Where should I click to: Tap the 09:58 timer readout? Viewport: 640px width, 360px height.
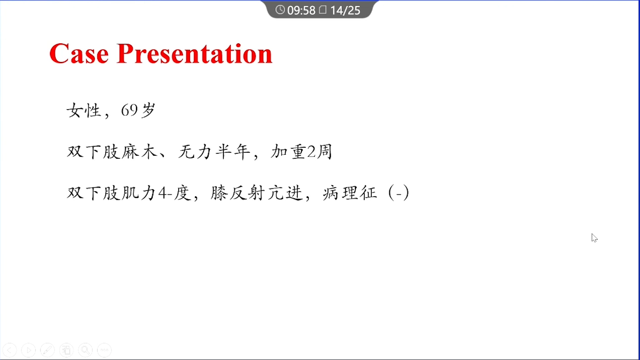pyautogui.click(x=301, y=10)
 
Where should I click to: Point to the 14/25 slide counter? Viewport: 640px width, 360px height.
pyautogui.click(x=345, y=10)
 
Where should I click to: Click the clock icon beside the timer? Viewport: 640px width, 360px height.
pyautogui.click(x=280, y=10)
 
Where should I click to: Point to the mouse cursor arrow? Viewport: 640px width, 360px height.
pyautogui.click(x=594, y=238)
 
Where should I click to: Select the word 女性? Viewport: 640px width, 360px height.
pyautogui.click(x=84, y=110)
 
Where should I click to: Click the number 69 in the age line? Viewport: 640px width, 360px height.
pyautogui.click(x=129, y=110)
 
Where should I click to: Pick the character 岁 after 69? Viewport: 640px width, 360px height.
pyautogui.click(x=148, y=110)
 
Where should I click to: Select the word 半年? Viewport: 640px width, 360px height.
pyautogui.click(x=233, y=152)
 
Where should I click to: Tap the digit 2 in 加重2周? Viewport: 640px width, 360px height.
pyautogui.click(x=311, y=152)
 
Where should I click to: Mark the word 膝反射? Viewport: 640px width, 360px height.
pyautogui.click(x=238, y=193)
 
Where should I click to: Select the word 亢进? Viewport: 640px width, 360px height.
pyautogui.click(x=285, y=193)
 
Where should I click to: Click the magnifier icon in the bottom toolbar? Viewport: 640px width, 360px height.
pyautogui.click(x=85, y=350)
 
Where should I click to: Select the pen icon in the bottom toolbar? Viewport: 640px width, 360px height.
pyautogui.click(x=47, y=350)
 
